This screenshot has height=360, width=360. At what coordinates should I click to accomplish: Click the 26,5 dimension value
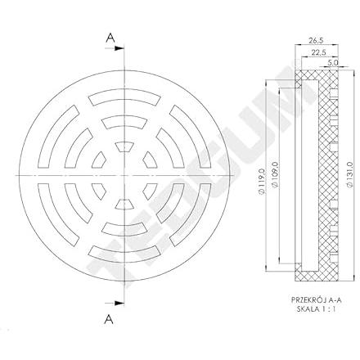click(316, 41)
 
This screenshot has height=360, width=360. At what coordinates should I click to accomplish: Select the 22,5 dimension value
click(317, 52)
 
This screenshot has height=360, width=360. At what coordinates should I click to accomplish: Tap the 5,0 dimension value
click(333, 62)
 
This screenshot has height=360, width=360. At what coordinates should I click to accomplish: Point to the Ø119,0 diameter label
click(261, 181)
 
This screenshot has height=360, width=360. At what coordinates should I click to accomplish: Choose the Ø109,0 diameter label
click(275, 174)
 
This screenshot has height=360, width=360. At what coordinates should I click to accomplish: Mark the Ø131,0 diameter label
click(351, 175)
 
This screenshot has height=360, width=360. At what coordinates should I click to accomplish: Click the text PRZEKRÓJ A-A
click(317, 300)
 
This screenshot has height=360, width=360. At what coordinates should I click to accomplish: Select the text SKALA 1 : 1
click(316, 309)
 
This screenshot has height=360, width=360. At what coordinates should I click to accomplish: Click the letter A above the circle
click(110, 38)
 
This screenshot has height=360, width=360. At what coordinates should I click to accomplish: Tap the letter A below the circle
click(109, 318)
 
